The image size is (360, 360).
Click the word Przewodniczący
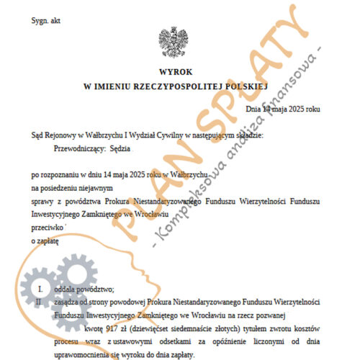(74, 150)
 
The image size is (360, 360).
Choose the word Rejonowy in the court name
(66, 134)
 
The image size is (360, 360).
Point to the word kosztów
(306, 324)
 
